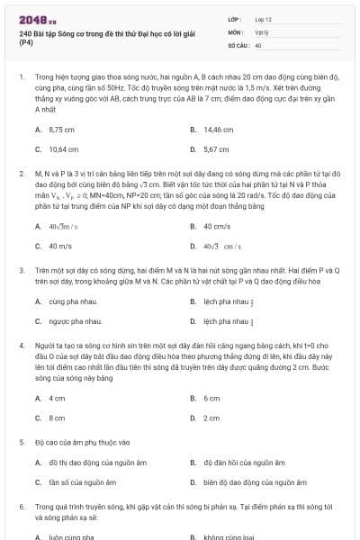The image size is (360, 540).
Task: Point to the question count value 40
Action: (258, 44)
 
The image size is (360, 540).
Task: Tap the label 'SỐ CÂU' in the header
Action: (238, 44)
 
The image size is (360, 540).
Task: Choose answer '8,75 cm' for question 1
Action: (62, 130)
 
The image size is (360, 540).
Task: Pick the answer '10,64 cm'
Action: (63, 149)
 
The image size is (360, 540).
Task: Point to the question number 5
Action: (22, 443)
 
